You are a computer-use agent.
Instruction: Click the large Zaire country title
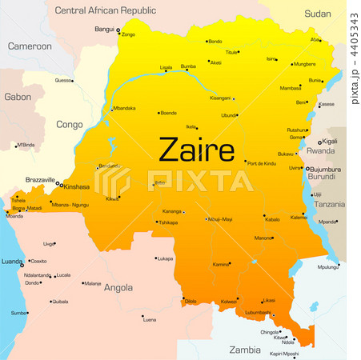[x=196, y=149]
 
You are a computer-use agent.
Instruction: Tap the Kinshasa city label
[x=77, y=186]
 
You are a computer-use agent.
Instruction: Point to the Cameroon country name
[x=30, y=46]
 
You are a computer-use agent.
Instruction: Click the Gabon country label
[x=18, y=97]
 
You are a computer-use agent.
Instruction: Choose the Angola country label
[x=118, y=287]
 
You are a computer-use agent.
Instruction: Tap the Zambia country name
[x=245, y=350]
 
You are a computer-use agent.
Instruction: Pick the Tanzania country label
[x=328, y=205]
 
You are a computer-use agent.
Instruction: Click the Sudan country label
[x=317, y=14]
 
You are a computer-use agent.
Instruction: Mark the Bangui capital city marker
[x=118, y=30]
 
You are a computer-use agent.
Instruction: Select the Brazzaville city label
[x=40, y=180]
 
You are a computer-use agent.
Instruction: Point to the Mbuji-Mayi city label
[x=219, y=218]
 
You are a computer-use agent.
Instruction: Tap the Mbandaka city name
[x=124, y=108]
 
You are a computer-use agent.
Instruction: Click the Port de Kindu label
[x=262, y=163]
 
